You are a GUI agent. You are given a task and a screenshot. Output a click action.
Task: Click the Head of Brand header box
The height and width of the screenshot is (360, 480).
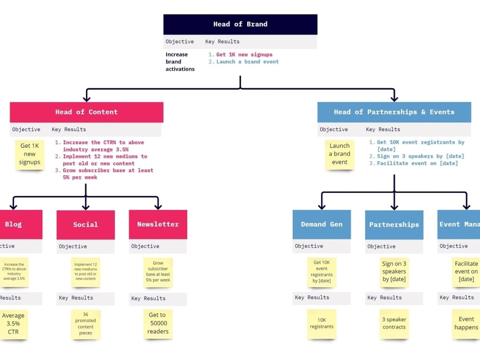(240, 24)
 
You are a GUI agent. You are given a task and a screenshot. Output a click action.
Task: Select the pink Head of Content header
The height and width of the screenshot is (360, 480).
(86, 112)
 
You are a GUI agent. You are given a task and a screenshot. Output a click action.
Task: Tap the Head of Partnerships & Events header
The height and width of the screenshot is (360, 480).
(394, 112)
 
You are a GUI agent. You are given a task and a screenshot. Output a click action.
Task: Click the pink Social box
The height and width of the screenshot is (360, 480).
(85, 224)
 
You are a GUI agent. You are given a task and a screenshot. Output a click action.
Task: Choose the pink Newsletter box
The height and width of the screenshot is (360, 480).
(158, 224)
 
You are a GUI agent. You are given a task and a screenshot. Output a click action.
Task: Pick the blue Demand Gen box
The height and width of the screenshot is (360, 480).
(322, 224)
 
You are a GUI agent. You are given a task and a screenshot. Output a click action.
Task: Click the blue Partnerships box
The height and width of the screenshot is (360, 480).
(394, 225)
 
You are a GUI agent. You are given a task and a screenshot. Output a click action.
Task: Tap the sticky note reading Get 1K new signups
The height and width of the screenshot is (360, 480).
(30, 154)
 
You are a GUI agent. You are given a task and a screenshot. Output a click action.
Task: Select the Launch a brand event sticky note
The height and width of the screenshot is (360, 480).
(339, 154)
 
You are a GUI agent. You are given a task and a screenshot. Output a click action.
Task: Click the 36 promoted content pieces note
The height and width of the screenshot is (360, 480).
(85, 324)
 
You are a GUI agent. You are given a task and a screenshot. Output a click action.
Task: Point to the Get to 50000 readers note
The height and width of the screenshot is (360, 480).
(158, 324)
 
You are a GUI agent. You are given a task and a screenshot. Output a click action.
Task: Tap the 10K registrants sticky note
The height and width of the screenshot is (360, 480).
(322, 324)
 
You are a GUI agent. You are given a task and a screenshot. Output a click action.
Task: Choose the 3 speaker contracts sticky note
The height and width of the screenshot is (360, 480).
(394, 324)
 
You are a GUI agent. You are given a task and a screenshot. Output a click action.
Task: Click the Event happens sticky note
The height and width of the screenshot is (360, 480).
(466, 324)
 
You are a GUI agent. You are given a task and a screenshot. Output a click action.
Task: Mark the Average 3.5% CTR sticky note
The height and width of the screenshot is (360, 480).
(13, 324)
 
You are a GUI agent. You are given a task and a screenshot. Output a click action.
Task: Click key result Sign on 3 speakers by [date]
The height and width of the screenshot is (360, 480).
(420, 156)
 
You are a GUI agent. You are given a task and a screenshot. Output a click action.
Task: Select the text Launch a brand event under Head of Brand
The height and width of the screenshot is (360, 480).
(247, 62)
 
